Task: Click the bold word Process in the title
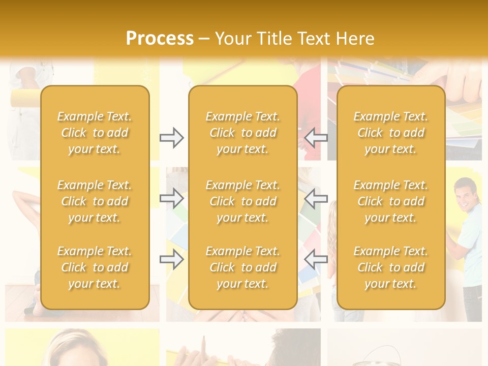(160, 39)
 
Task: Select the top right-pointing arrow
(171, 138)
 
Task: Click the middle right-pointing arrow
(171, 198)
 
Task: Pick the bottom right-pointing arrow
(171, 259)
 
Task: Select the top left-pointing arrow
(316, 138)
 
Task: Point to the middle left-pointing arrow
(316, 198)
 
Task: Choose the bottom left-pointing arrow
(316, 259)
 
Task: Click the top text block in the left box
(95, 133)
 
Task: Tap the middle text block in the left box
(95, 201)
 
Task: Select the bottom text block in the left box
(95, 267)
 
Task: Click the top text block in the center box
(242, 133)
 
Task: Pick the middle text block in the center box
(242, 201)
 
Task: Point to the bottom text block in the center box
(242, 267)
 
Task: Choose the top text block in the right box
(391, 133)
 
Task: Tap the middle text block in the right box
(391, 201)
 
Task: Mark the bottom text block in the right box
(391, 267)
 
